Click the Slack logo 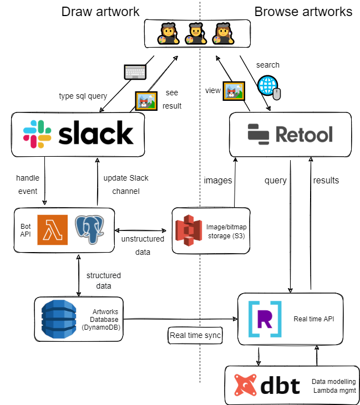78,134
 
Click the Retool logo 290,134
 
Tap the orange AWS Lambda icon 52,229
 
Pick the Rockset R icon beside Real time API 265,319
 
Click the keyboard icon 135,72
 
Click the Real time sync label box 195,335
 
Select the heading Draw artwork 100,12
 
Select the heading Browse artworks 303,12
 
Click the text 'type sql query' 83,96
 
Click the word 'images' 218,180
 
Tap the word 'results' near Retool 326,180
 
